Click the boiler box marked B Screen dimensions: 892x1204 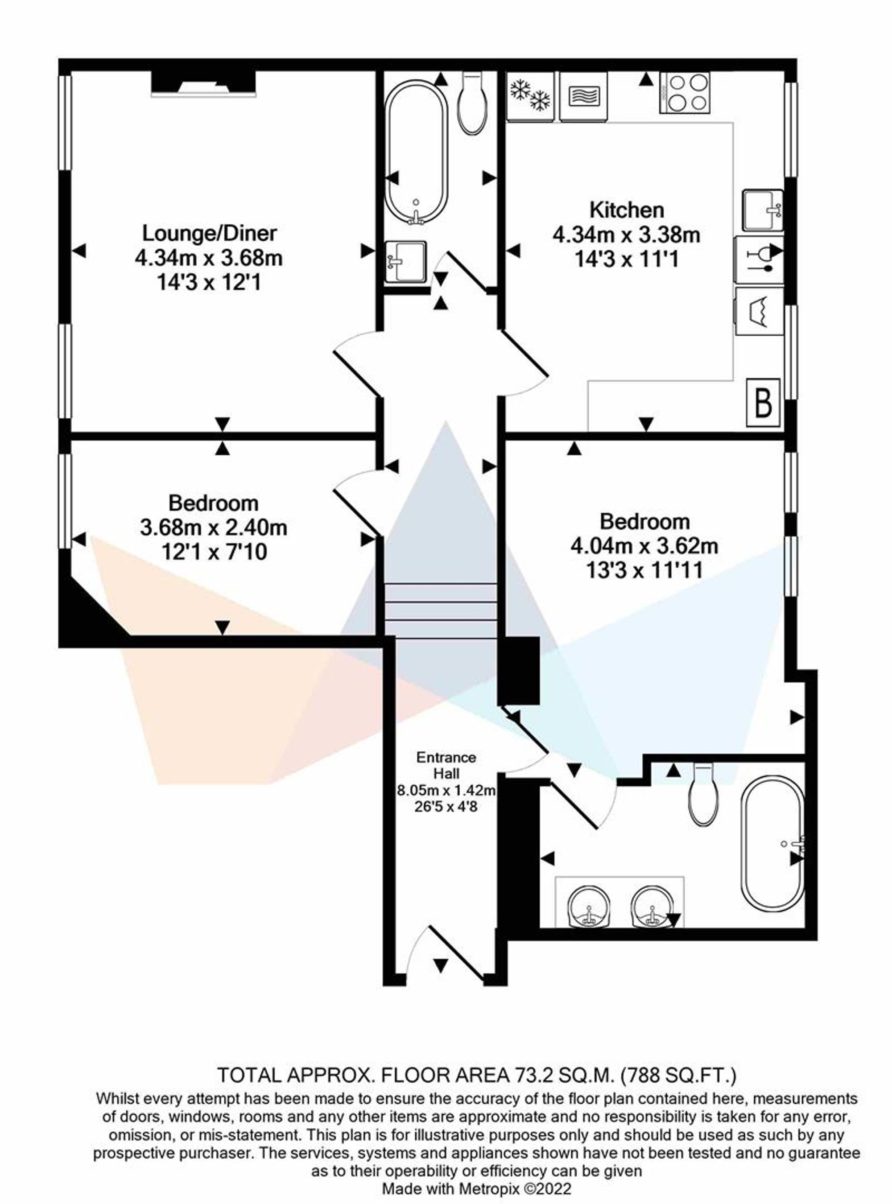click(x=763, y=402)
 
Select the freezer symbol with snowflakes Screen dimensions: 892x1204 click(x=530, y=95)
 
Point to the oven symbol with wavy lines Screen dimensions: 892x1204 click(x=584, y=95)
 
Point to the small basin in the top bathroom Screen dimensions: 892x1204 click(x=406, y=261)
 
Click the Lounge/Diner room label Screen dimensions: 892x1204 click(x=210, y=233)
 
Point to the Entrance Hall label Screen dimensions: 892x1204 click(x=446, y=765)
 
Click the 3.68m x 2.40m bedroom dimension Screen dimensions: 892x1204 click(x=213, y=528)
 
